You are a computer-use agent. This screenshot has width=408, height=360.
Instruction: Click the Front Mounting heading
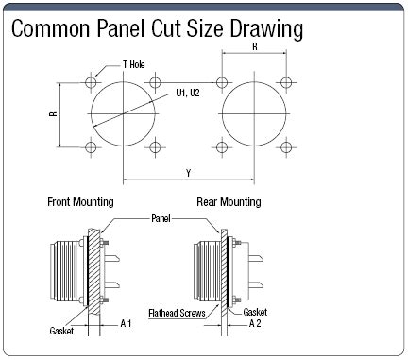click(x=80, y=202)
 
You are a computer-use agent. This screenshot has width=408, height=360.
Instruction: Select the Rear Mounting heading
click(x=228, y=202)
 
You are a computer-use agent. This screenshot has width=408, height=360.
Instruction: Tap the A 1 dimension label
click(x=126, y=323)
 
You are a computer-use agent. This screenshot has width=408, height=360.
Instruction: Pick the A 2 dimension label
click(x=253, y=323)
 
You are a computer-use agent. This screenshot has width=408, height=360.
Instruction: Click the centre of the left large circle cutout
click(x=122, y=115)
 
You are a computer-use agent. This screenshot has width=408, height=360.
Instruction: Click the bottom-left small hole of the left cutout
click(x=91, y=146)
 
